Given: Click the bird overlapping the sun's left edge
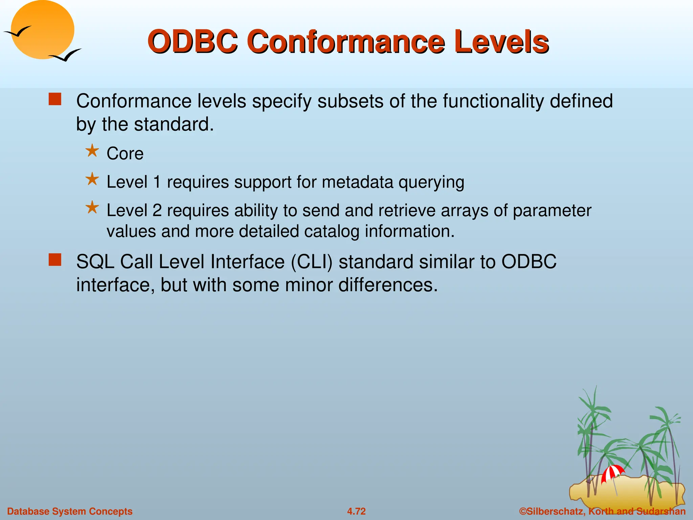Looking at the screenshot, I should (17, 32).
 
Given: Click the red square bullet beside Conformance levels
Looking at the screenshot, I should (55, 100).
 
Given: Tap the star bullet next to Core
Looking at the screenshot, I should (92, 151).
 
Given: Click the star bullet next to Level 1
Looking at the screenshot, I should (92, 179).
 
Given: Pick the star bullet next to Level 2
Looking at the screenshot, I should (92, 208).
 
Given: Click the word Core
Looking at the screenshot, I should (125, 154).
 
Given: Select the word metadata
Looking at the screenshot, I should (358, 182).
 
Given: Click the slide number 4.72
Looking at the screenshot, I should (356, 511).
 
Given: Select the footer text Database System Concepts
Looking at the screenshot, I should (70, 511).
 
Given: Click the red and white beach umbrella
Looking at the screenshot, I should (612, 473).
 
